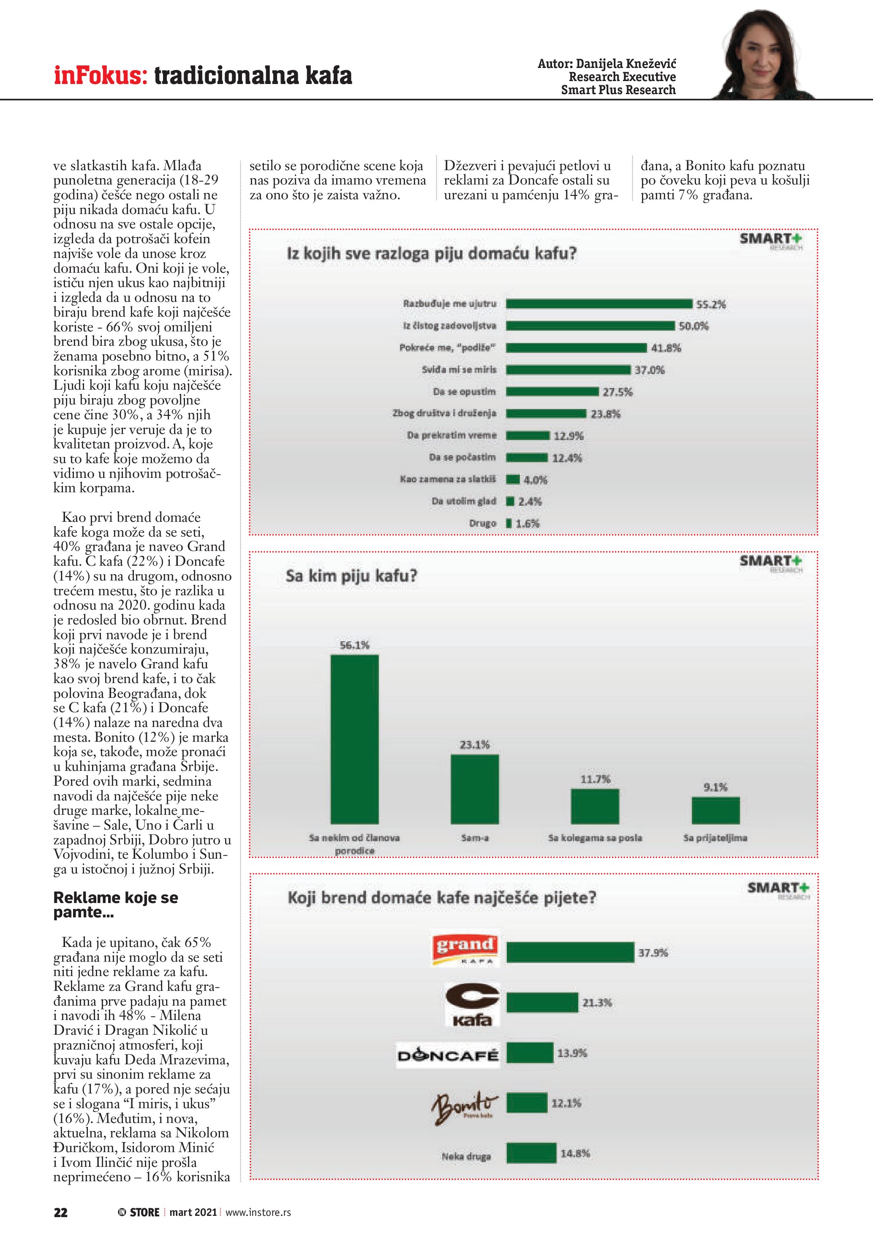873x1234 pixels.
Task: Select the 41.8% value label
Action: tap(666, 348)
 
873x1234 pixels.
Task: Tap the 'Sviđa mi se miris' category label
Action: tap(459, 370)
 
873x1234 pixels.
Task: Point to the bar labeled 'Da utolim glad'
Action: tap(510, 502)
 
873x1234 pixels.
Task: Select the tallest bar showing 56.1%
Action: tap(354, 739)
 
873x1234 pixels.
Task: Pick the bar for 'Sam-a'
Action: tap(474, 789)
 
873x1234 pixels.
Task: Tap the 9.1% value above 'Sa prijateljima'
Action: tap(715, 787)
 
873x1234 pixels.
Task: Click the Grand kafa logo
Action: tap(465, 949)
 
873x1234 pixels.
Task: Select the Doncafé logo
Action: tap(448, 1055)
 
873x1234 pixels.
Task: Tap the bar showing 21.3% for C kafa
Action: tap(542, 1002)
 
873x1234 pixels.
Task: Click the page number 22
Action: tap(61, 1212)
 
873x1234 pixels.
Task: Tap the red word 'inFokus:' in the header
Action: tap(101, 75)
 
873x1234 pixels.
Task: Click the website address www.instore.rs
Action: tap(258, 1212)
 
